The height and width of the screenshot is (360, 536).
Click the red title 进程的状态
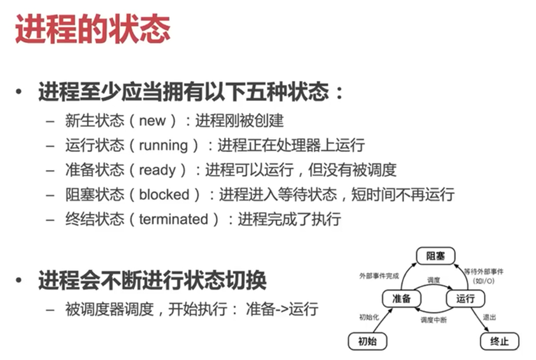coord(93,29)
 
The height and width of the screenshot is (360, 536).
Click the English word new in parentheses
coord(152,121)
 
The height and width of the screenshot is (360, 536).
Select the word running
coord(163,145)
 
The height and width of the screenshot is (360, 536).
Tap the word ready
coord(157,170)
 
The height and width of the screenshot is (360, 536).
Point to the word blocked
coord(164,195)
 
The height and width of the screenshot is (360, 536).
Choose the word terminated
coord(173,219)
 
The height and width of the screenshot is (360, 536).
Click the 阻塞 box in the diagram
coord(435,256)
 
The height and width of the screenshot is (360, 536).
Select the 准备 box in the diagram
coord(401,299)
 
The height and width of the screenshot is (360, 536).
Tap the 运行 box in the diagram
coord(465,299)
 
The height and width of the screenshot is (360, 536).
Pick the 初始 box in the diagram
coord(367,341)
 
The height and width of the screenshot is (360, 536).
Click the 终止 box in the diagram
coord(499,341)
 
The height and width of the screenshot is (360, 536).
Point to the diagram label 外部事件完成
coord(379,276)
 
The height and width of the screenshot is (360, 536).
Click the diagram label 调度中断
coord(433,320)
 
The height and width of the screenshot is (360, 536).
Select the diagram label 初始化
coord(369,317)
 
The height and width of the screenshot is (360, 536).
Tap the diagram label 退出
coord(489,317)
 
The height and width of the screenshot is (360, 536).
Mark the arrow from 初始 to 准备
coord(382,320)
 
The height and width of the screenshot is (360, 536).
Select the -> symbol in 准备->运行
coord(282,309)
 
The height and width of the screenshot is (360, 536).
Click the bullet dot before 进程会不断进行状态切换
coord(19,280)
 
